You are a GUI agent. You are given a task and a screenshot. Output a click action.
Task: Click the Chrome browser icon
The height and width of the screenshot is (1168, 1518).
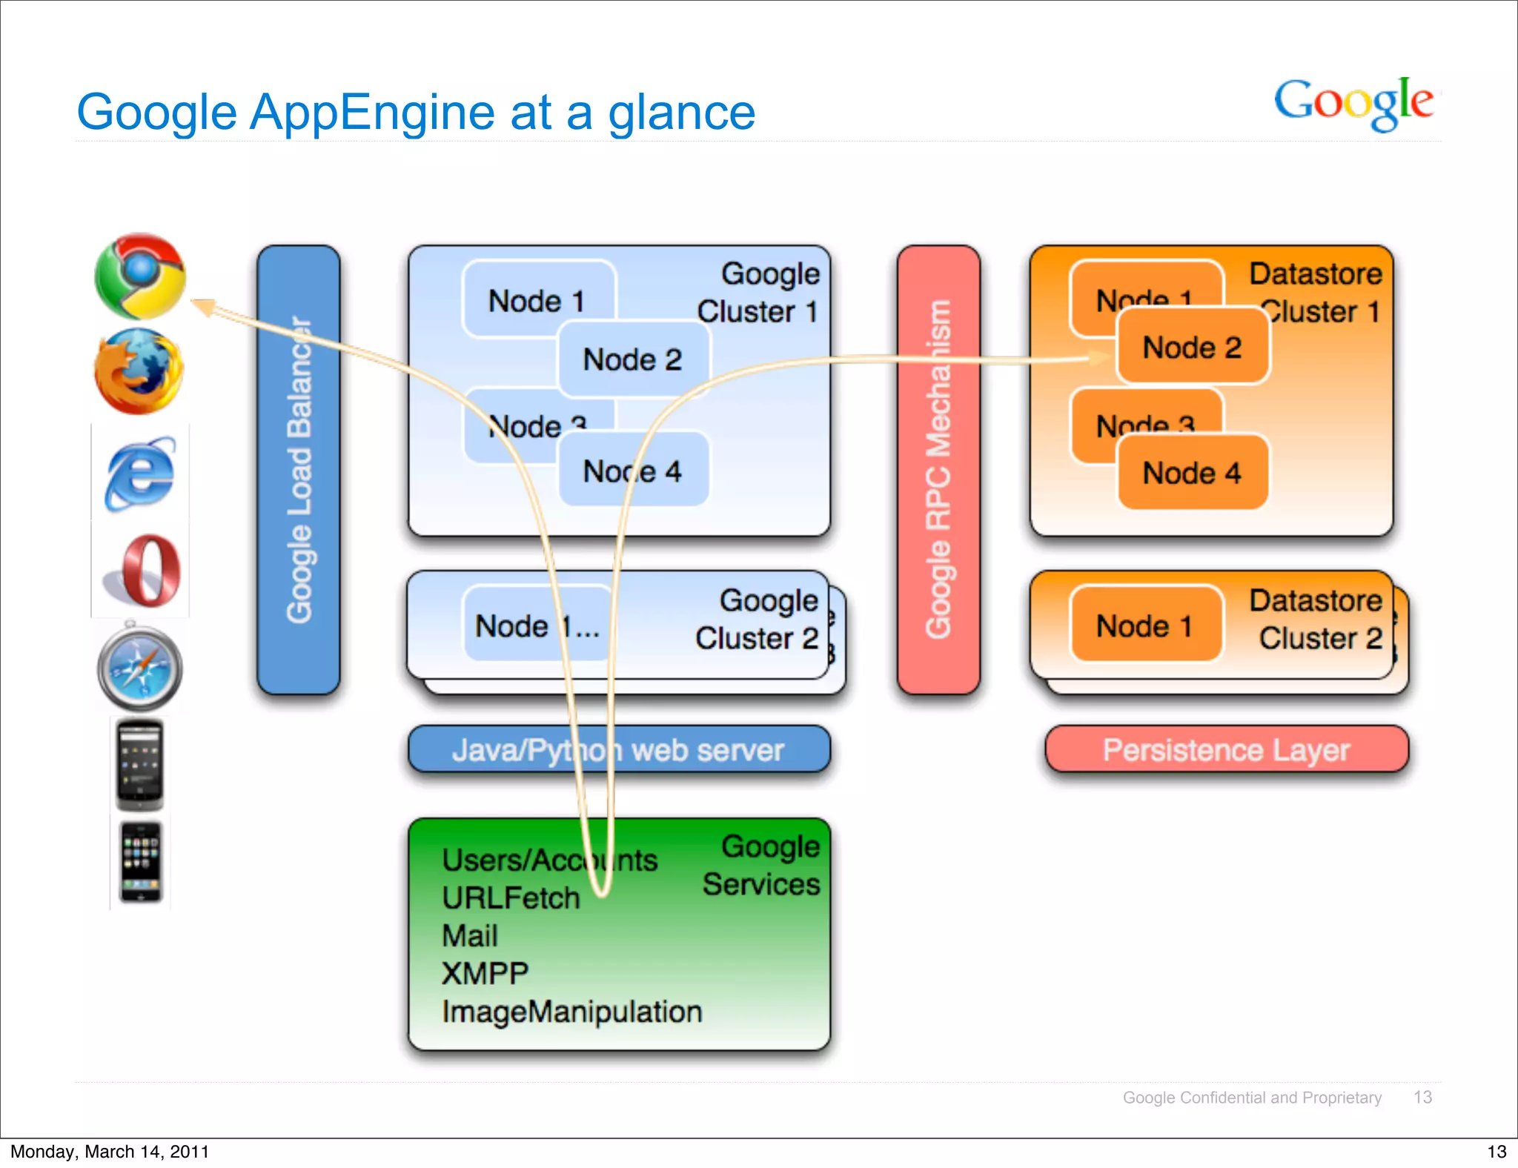tap(140, 276)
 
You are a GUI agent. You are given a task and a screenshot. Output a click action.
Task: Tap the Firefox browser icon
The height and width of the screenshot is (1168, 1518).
tap(139, 371)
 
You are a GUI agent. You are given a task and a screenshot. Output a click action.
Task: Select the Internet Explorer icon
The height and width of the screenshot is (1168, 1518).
tap(140, 473)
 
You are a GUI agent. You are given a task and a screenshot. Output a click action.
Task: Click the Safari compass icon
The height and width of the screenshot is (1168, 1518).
tap(140, 668)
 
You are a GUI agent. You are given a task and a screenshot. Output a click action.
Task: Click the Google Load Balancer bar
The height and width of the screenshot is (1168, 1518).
tap(298, 470)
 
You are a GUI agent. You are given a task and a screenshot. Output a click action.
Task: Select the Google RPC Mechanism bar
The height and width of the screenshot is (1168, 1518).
tap(938, 470)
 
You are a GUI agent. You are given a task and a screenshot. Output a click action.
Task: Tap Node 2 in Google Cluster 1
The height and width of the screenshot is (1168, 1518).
tap(632, 360)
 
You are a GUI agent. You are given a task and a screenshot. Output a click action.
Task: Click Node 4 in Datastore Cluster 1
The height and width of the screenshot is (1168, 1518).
tap(1191, 473)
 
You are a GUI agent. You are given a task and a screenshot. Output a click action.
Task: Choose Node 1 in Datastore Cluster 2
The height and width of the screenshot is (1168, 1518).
tap(1144, 626)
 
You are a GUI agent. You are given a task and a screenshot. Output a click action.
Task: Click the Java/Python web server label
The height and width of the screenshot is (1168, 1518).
tap(618, 750)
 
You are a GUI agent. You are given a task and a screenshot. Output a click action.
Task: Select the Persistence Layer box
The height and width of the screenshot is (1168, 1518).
tap(1226, 750)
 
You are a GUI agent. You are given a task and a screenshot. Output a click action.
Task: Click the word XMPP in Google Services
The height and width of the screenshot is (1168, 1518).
tap(485, 974)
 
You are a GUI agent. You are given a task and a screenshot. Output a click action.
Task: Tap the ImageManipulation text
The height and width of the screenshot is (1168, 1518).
tap(571, 1012)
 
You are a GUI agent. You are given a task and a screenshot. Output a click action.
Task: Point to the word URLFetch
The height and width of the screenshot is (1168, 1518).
tap(511, 898)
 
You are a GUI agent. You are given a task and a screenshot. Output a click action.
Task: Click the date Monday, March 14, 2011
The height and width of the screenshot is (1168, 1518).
tap(110, 1151)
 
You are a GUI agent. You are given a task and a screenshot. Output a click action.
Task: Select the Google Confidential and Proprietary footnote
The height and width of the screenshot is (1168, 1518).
tap(1251, 1098)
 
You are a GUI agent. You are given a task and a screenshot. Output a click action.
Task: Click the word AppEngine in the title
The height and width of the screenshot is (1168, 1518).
tap(372, 113)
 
